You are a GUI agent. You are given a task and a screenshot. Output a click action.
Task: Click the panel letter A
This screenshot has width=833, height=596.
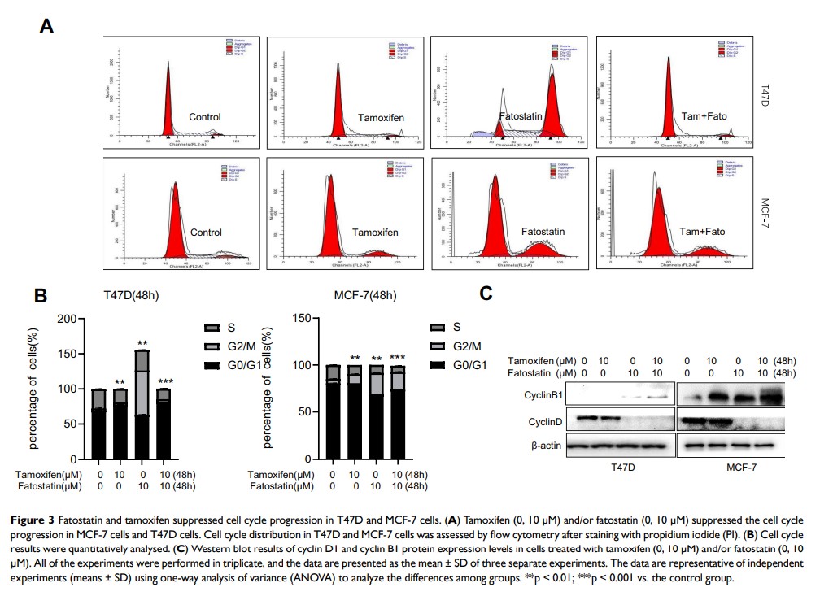(47, 27)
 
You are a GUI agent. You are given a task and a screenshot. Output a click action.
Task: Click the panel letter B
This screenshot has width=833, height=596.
(41, 295)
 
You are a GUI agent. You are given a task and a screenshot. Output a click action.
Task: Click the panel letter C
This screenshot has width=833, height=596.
(486, 294)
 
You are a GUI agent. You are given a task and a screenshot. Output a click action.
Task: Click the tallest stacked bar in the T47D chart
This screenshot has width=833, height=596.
(142, 398)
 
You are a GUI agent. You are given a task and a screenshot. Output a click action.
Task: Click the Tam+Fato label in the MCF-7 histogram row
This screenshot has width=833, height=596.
(704, 232)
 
